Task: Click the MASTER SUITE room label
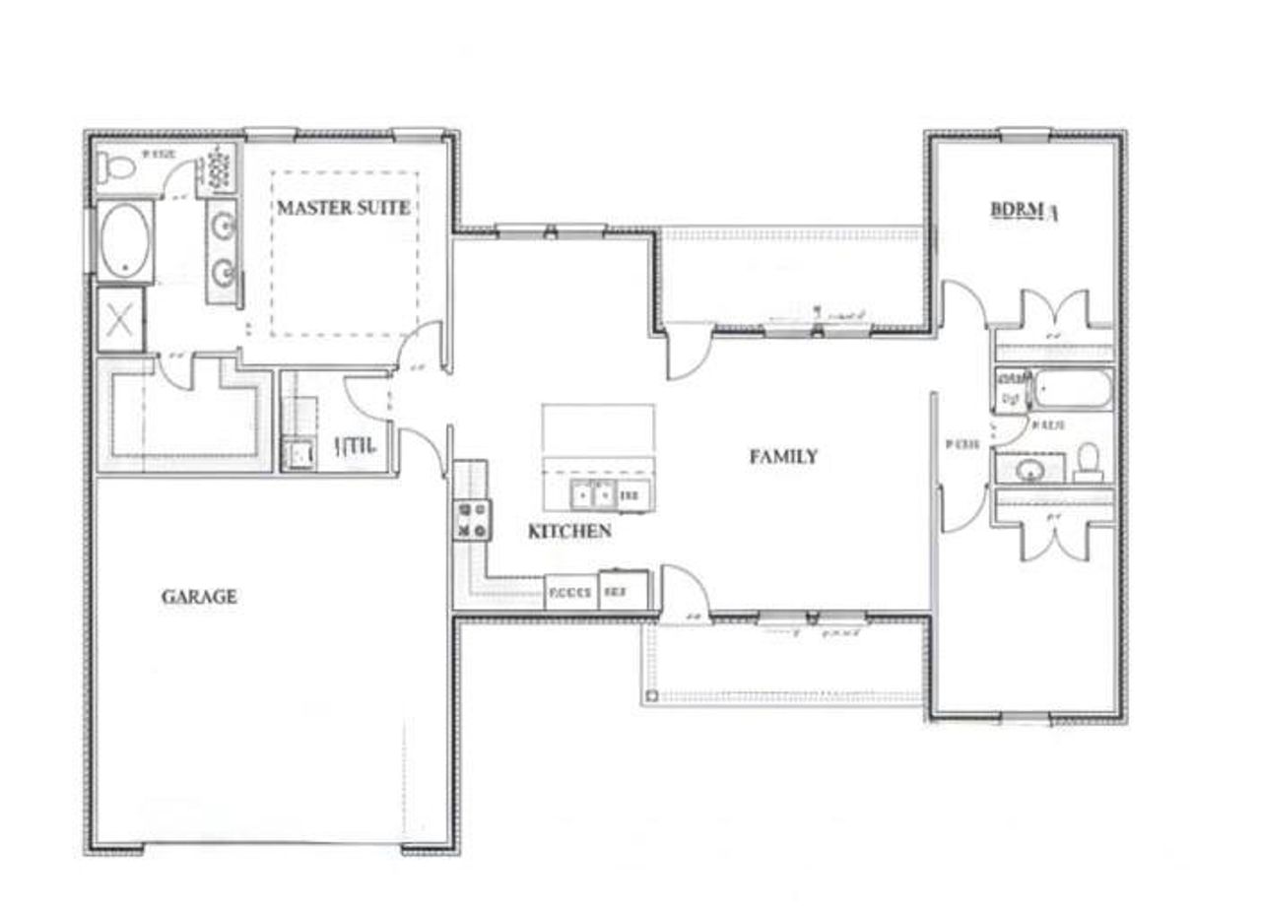click(343, 209)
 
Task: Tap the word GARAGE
click(199, 597)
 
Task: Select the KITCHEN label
click(569, 532)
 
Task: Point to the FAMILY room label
click(783, 457)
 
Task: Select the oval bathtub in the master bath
click(125, 241)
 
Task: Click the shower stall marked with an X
click(120, 319)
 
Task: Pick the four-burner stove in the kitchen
click(471, 520)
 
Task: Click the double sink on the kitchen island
click(596, 495)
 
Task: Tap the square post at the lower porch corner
click(649, 698)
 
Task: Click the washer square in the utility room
click(297, 454)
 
